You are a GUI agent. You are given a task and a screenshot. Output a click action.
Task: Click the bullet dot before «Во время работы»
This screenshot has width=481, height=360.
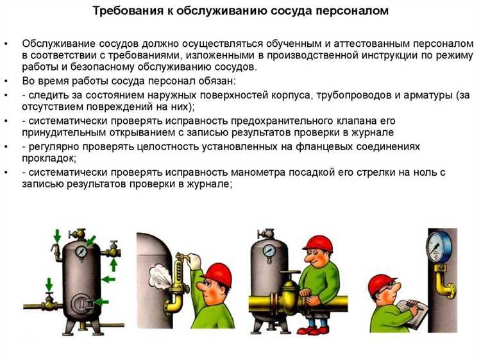(6, 81)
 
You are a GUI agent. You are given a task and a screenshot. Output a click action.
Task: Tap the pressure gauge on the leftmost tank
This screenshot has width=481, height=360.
(81, 253)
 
